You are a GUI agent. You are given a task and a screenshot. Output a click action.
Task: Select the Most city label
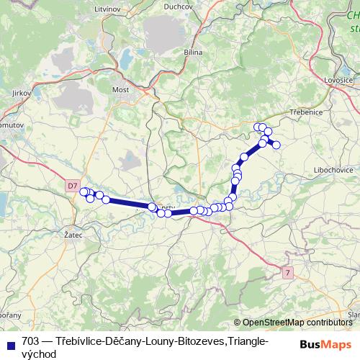pos(120,90)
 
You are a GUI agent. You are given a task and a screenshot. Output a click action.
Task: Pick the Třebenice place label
pos(305,112)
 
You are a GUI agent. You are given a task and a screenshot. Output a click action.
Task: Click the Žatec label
pos(73,235)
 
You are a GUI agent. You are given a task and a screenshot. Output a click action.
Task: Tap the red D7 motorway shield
pos(72,186)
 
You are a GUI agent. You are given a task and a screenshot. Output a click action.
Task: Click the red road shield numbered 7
pos(288,272)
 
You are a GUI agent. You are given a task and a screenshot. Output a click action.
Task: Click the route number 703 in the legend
pos(30,341)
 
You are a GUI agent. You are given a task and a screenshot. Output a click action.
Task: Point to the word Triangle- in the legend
pos(246,341)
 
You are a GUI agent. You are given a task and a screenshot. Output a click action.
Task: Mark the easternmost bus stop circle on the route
pos(276,145)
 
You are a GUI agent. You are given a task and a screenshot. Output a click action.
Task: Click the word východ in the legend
pos(39,354)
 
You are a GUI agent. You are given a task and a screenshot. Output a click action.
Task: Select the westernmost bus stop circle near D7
pos(83,192)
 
